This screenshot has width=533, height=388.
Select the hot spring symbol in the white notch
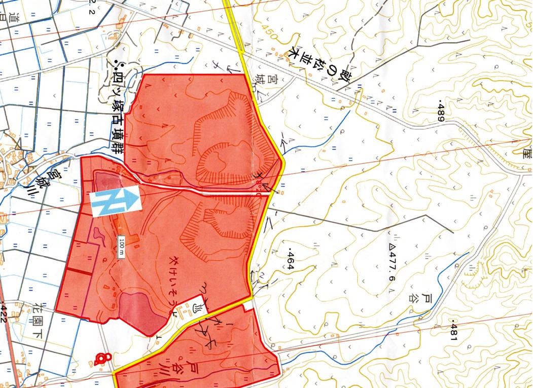pyautogui.click(x=197, y=307)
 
